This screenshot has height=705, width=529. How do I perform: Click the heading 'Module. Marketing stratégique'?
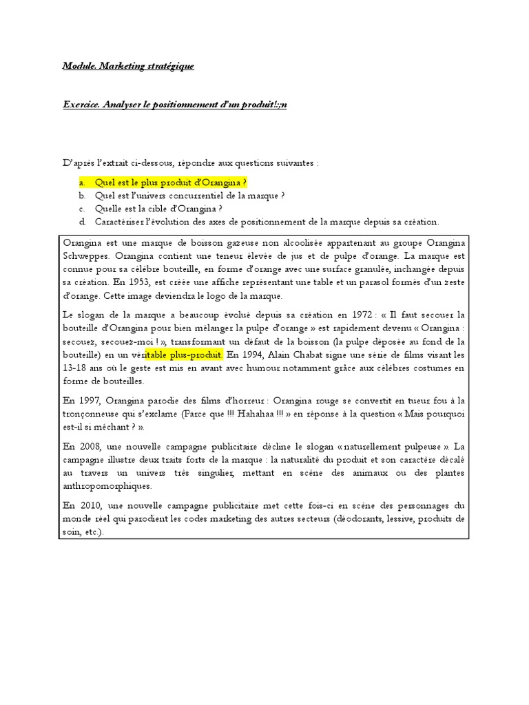click(128, 66)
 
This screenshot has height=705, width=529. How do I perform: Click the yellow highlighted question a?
click(171, 182)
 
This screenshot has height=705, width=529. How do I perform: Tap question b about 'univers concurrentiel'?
click(180, 196)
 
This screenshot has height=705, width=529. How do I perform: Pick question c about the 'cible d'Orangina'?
click(158, 209)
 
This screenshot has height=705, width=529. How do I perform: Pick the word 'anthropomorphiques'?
click(107, 485)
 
